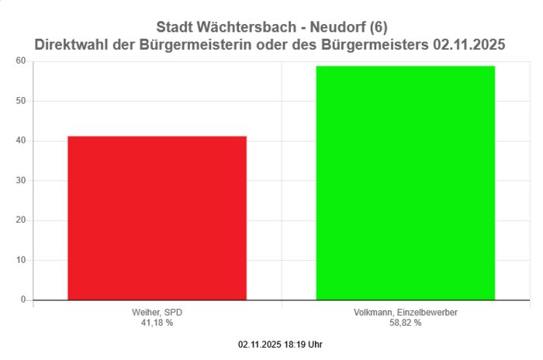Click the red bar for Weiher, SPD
[157, 217]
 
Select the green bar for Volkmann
[405, 182]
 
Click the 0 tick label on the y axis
[22, 299]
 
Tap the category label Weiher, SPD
[157, 313]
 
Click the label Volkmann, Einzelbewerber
[405, 313]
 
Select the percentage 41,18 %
[157, 323]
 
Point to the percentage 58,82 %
[405, 323]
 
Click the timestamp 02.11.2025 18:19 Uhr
[280, 344]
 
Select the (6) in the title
[379, 28]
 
